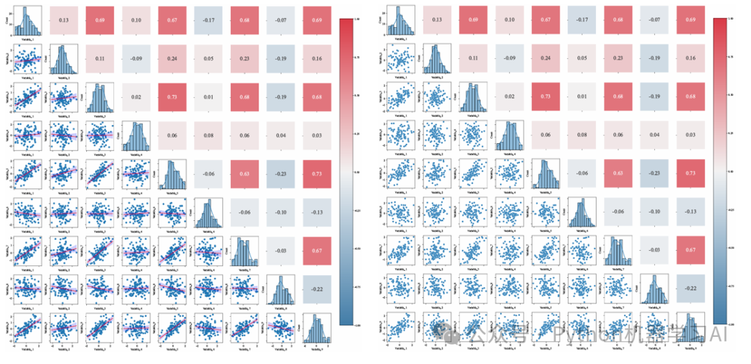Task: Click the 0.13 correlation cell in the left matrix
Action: [63, 20]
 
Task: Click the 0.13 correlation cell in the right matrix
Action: [437, 20]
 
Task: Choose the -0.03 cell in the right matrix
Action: [655, 250]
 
